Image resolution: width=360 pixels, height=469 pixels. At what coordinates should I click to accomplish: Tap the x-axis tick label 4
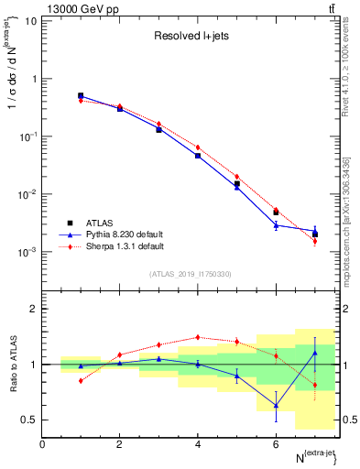click(198, 444)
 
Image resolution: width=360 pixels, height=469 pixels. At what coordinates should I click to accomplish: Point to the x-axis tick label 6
click(276, 444)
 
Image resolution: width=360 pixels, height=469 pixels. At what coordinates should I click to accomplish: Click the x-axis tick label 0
click(42, 444)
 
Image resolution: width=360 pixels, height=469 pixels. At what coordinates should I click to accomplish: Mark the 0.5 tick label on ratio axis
click(30, 420)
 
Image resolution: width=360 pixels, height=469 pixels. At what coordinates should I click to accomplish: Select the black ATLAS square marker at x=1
click(81, 95)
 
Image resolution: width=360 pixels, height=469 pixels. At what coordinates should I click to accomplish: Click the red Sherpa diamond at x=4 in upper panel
click(198, 147)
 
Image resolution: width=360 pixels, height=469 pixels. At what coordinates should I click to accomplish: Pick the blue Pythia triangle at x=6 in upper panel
click(276, 224)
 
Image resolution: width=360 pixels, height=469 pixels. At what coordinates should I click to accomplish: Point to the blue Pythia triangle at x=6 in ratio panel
click(276, 405)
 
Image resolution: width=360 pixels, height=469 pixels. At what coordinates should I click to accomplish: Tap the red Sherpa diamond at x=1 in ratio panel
click(81, 380)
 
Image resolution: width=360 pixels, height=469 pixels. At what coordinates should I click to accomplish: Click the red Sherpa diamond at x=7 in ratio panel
click(315, 385)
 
